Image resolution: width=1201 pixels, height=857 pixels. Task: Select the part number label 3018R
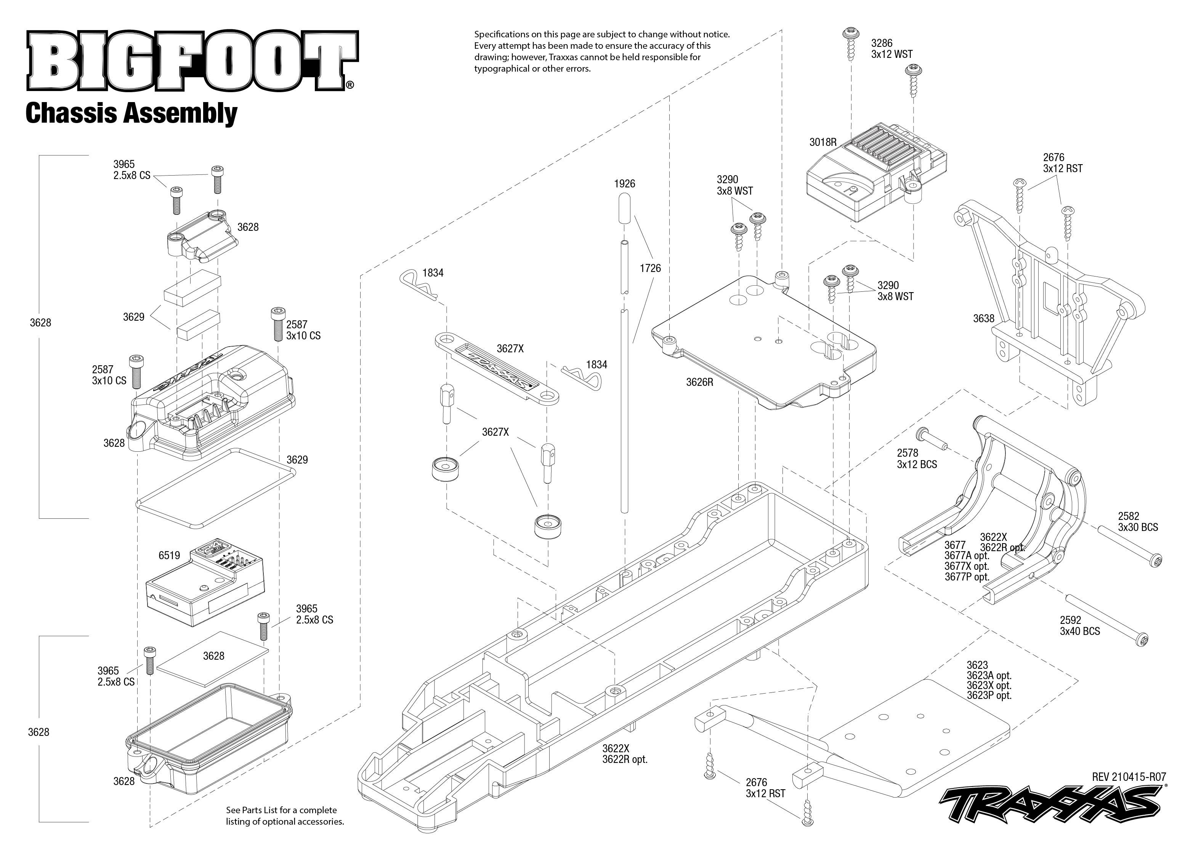pyautogui.click(x=823, y=142)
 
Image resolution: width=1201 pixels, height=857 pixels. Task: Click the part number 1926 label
pyautogui.click(x=625, y=184)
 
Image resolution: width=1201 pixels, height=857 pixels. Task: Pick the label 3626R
pyautogui.click(x=699, y=382)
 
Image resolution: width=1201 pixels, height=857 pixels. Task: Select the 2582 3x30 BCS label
pyautogui.click(x=1138, y=521)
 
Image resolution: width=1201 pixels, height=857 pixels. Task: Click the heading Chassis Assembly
pyautogui.click(x=131, y=114)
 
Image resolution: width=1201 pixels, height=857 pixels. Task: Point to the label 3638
pyautogui.click(x=983, y=318)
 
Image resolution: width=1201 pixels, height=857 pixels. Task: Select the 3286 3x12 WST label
pyautogui.click(x=892, y=48)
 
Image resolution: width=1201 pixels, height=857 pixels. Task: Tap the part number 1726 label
pyautogui.click(x=650, y=268)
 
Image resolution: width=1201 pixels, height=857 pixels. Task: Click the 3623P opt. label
pyautogui.click(x=989, y=696)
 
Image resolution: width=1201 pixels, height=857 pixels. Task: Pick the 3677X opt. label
pyautogui.click(x=967, y=566)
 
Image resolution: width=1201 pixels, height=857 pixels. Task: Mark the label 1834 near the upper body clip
pyautogui.click(x=433, y=273)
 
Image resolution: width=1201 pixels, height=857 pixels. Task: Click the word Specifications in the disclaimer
pyautogui.click(x=502, y=34)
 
